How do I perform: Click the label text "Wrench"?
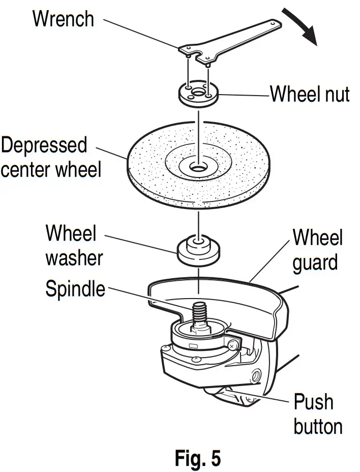tap(63, 19)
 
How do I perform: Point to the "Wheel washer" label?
tap(74, 246)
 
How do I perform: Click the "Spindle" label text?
tap(75, 289)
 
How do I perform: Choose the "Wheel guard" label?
tap(318, 250)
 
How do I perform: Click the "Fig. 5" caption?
tap(198, 458)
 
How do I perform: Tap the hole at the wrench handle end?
tap(274, 24)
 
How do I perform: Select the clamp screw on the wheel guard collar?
tap(232, 345)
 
